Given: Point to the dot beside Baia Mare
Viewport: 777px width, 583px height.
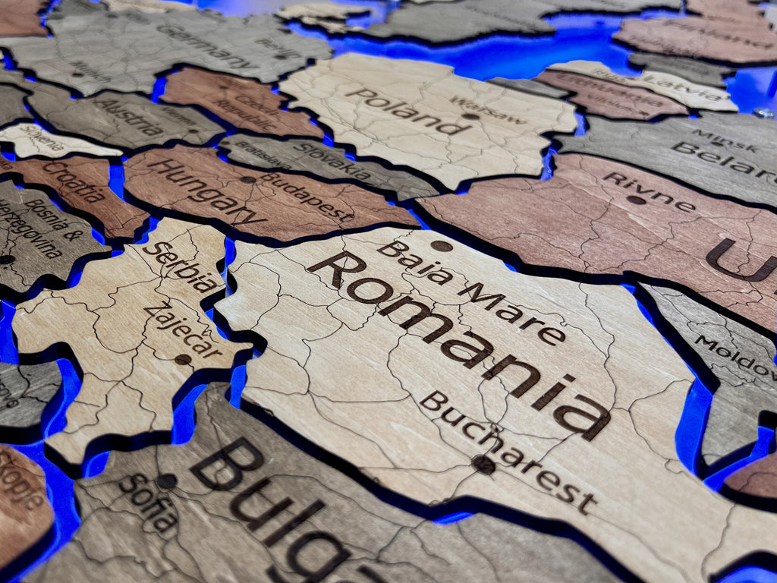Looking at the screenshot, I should coord(441,245).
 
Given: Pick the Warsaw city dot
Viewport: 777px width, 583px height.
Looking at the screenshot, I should coord(471,116).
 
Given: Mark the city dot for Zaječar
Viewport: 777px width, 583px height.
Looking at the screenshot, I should coord(183,359).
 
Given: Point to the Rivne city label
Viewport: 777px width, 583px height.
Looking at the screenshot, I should coord(649,192).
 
